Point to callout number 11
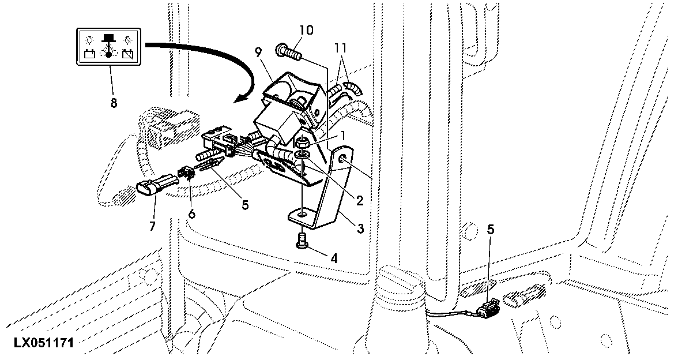(x=340, y=47)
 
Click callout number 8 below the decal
(x=114, y=103)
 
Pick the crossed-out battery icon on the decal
(x=127, y=54)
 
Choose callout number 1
(x=344, y=136)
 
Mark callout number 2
(x=359, y=200)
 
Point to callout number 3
(x=360, y=228)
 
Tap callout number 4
(x=333, y=258)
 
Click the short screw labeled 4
(x=302, y=241)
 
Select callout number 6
(x=191, y=213)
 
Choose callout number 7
(x=152, y=226)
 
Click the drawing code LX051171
(x=43, y=343)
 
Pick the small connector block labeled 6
(x=186, y=173)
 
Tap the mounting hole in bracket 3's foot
(x=302, y=213)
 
